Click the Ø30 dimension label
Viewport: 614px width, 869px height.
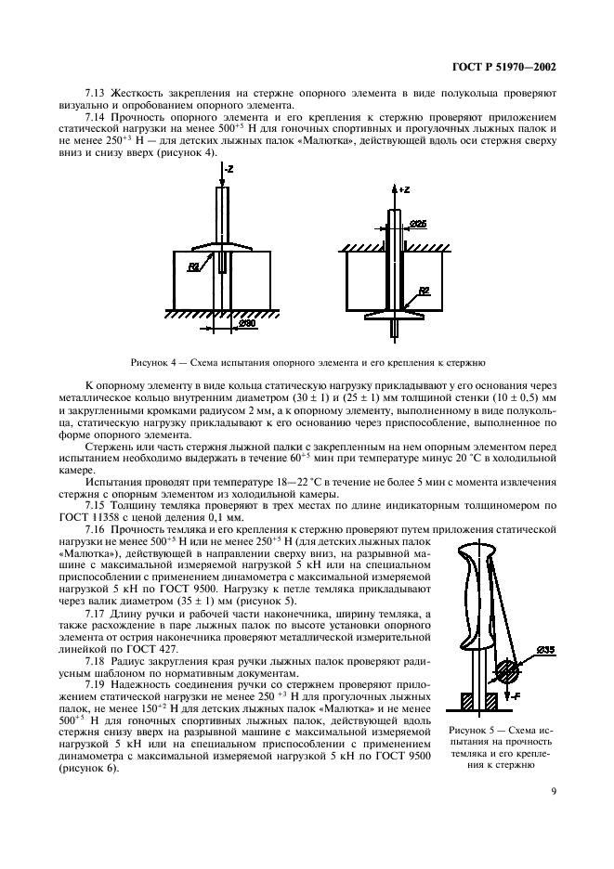(x=247, y=324)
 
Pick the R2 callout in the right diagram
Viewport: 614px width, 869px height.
(x=423, y=291)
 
